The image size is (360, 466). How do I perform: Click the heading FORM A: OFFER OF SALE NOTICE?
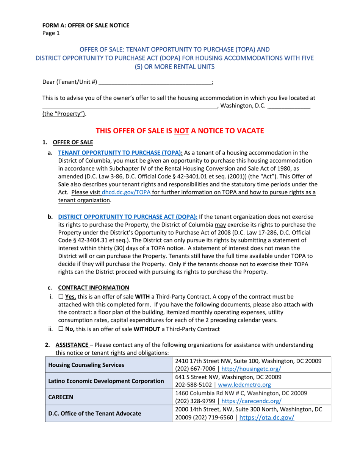point(86,26)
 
